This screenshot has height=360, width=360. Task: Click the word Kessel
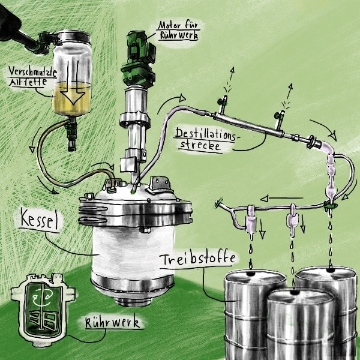click(x=38, y=220)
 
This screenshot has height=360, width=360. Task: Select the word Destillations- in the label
click(x=205, y=134)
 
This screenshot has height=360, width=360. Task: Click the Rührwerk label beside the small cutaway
click(x=112, y=322)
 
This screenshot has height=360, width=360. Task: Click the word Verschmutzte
click(x=32, y=72)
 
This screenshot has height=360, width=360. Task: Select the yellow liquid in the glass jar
click(x=72, y=100)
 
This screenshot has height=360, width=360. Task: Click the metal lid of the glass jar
click(x=73, y=37)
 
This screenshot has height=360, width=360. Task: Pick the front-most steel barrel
click(x=301, y=324)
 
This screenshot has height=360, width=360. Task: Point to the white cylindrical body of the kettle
click(x=133, y=250)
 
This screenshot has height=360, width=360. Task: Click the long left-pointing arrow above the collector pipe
click(x=281, y=198)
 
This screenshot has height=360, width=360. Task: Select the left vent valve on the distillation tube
click(x=223, y=104)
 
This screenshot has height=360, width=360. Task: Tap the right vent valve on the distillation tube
click(x=280, y=118)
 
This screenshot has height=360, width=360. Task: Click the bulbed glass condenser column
click(x=331, y=173)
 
